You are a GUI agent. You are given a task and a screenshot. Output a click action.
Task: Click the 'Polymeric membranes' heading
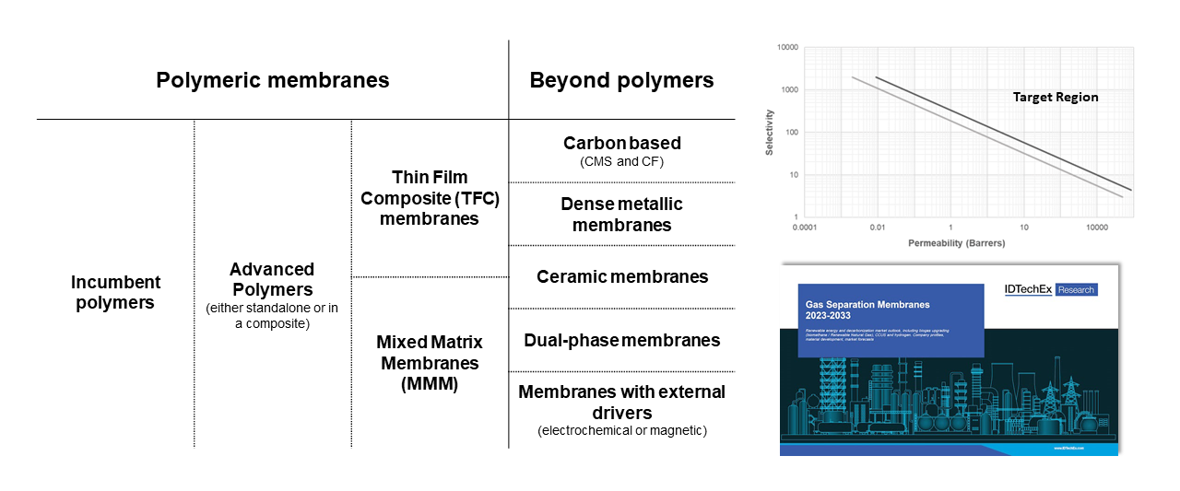tap(272, 80)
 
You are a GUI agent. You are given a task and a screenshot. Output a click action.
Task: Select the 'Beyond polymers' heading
tap(621, 80)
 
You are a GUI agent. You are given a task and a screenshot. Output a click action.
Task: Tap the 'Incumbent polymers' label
tap(115, 292)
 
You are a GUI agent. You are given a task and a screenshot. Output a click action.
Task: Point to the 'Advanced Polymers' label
tap(272, 279)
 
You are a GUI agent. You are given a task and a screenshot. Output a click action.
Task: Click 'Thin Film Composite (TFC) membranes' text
tap(429, 197)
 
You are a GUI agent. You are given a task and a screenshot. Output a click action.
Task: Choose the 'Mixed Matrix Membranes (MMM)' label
tap(429, 363)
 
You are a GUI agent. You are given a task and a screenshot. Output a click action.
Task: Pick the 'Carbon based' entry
tap(621, 143)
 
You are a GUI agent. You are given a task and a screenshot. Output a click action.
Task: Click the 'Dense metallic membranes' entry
tap(621, 214)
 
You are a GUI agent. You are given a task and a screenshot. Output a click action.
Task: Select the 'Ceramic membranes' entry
tap(621, 276)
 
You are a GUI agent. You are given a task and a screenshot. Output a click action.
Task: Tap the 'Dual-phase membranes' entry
tap(621, 340)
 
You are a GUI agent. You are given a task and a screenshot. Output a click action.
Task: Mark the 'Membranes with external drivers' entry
tap(621, 402)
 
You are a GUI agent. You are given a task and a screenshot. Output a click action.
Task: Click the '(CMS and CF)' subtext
tap(621, 162)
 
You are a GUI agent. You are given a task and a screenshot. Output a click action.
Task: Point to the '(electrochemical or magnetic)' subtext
tap(621, 431)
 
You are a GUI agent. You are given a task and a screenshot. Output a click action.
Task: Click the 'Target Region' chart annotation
tap(1056, 97)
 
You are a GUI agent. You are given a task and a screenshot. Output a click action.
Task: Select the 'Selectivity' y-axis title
tap(770, 132)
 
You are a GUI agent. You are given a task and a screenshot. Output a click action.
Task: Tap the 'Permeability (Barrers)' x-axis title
tap(957, 244)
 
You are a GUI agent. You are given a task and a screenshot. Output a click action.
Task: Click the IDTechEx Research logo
tap(1050, 289)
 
